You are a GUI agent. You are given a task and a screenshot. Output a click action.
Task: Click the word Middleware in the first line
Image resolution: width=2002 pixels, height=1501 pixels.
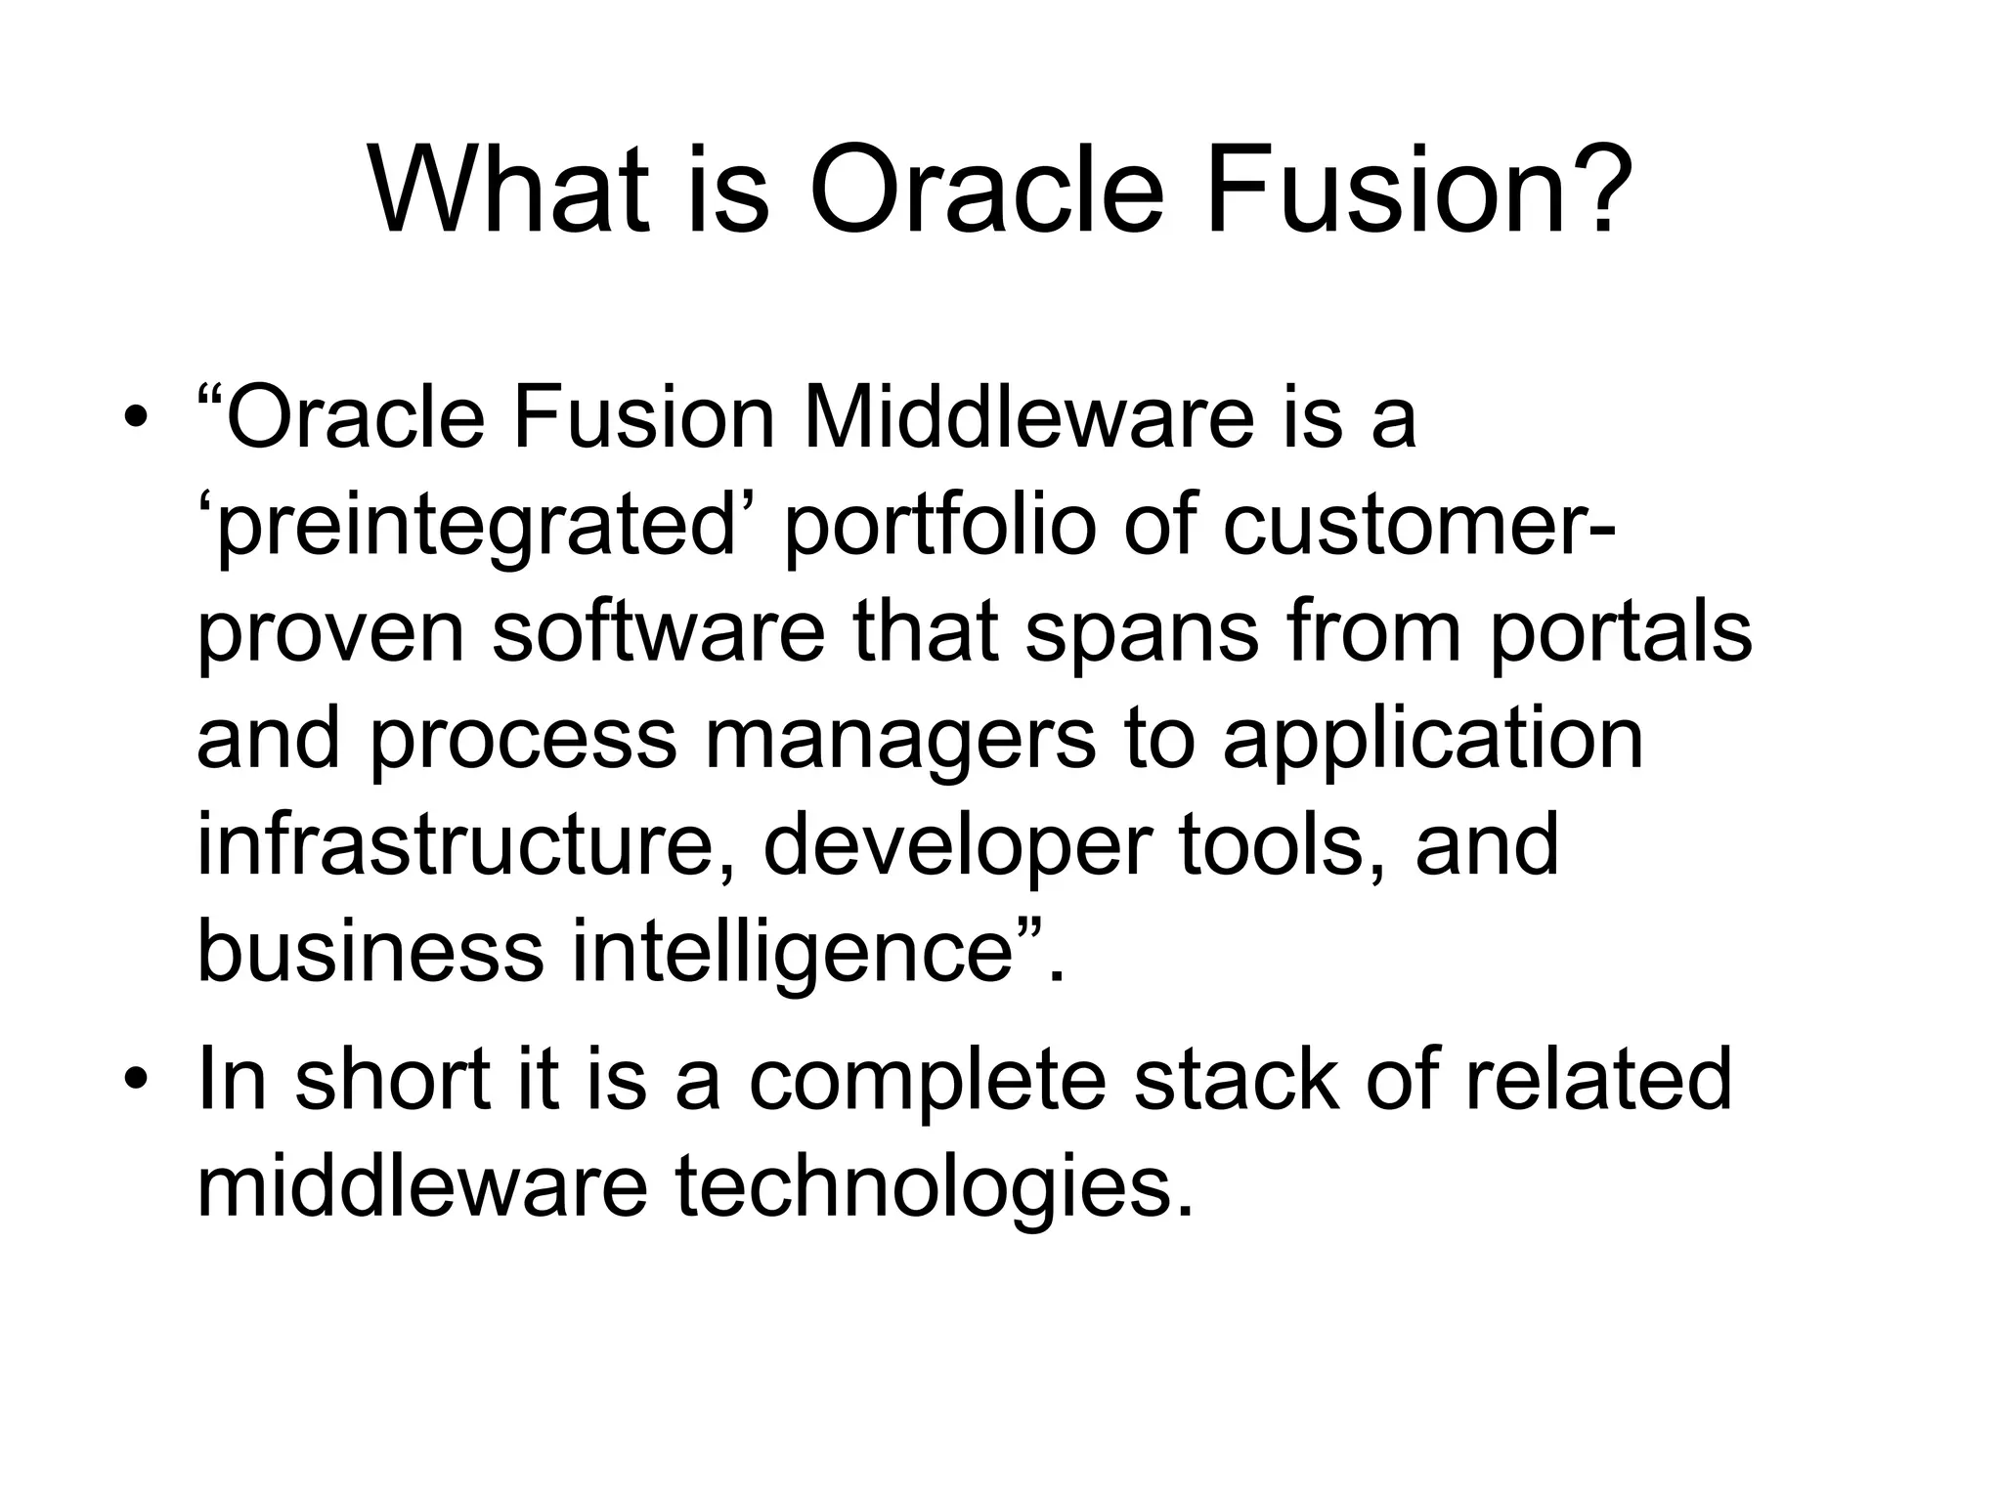[1027, 418]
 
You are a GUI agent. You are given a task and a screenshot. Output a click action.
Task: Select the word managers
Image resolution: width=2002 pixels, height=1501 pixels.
[899, 741]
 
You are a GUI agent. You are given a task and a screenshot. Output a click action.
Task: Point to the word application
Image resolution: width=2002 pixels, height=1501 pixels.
[1432, 741]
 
